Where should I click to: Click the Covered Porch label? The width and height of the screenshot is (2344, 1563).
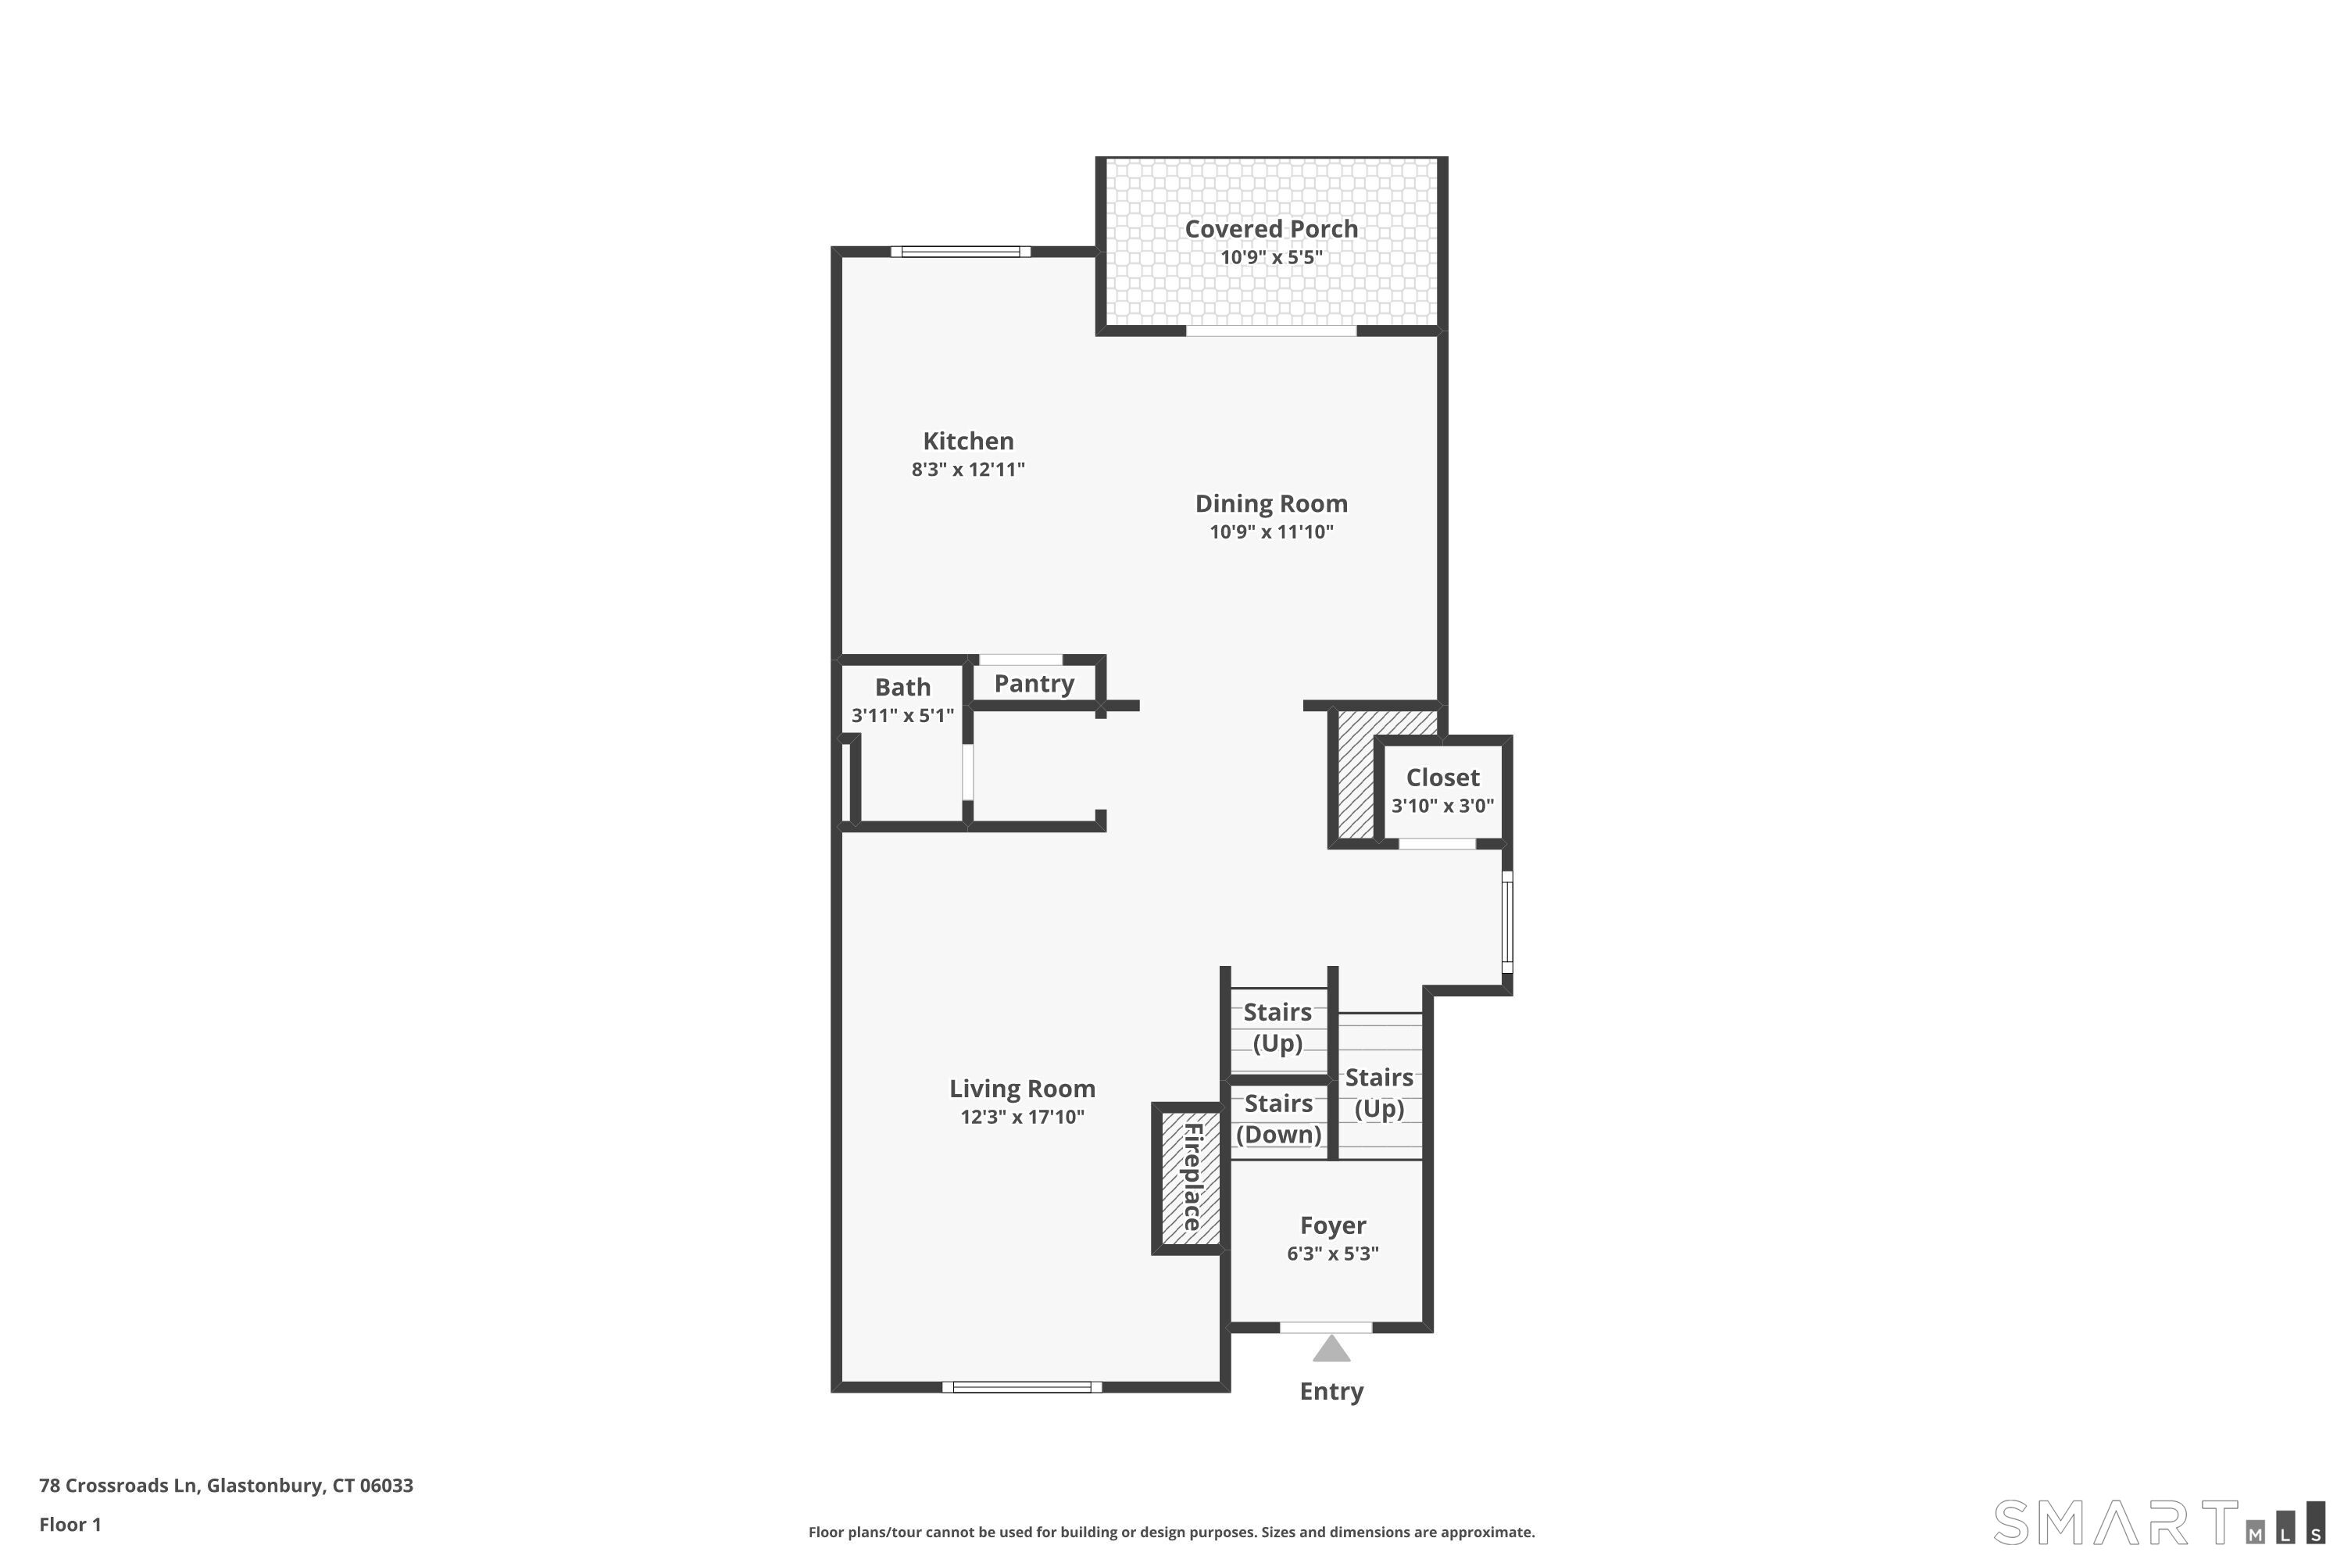(x=1270, y=228)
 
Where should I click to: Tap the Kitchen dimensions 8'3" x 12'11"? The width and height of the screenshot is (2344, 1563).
(x=968, y=468)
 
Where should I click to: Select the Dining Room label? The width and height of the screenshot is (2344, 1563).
(x=1270, y=503)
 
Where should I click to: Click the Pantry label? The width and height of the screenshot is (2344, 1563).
(x=1034, y=684)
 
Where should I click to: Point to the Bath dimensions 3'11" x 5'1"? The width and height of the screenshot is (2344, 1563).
(x=902, y=715)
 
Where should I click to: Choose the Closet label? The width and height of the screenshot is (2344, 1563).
(x=1442, y=778)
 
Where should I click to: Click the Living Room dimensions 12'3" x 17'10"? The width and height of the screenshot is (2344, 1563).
(x=1021, y=1117)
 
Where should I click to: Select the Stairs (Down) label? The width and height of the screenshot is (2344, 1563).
(x=1278, y=1118)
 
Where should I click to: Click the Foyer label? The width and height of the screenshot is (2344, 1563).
(x=1332, y=1225)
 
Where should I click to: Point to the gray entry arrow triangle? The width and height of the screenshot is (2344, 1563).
(x=1331, y=1350)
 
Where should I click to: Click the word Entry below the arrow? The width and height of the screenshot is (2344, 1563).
(x=1331, y=1392)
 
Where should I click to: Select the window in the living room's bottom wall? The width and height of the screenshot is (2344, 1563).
(x=1021, y=1386)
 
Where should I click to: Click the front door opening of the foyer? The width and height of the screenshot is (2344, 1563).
(x=1325, y=1327)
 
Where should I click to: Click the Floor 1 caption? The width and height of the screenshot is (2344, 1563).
(x=70, y=1524)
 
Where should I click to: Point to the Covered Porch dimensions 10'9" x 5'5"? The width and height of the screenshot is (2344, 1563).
(x=1270, y=257)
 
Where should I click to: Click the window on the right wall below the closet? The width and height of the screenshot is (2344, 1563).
(x=1507, y=922)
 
